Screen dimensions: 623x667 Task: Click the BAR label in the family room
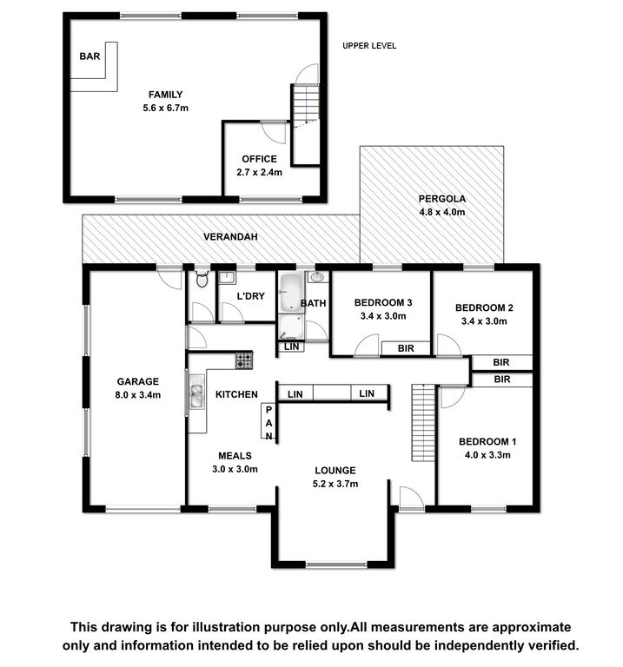pyautogui.click(x=89, y=56)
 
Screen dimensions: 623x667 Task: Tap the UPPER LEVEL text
pyautogui.click(x=369, y=46)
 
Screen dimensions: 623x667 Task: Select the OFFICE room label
pyautogui.click(x=259, y=159)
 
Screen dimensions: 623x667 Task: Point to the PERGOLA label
pyautogui.click(x=442, y=199)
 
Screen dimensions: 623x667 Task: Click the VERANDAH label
pyautogui.click(x=230, y=236)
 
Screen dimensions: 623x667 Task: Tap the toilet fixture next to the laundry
pyautogui.click(x=202, y=279)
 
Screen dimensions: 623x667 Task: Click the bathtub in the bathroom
pyautogui.click(x=291, y=293)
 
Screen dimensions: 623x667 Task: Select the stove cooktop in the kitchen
pyautogui.click(x=244, y=360)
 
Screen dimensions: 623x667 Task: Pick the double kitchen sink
pyautogui.click(x=196, y=396)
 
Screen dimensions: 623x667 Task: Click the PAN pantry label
pyautogui.click(x=268, y=423)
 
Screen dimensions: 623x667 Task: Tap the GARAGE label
pyautogui.click(x=138, y=381)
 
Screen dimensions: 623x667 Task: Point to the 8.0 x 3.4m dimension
pyautogui.click(x=138, y=395)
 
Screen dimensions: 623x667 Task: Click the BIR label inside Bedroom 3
pyautogui.click(x=406, y=348)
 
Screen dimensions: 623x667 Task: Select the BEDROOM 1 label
pyautogui.click(x=487, y=441)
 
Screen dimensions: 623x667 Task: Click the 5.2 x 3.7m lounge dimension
pyautogui.click(x=335, y=484)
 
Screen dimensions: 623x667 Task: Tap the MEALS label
pyautogui.click(x=235, y=456)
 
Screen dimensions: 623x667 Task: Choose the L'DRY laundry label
pyautogui.click(x=250, y=296)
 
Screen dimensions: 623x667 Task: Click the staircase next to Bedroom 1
pyautogui.click(x=423, y=423)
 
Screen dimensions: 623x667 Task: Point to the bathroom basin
pyautogui.click(x=317, y=277)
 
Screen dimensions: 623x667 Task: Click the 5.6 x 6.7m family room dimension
pyautogui.click(x=166, y=108)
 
